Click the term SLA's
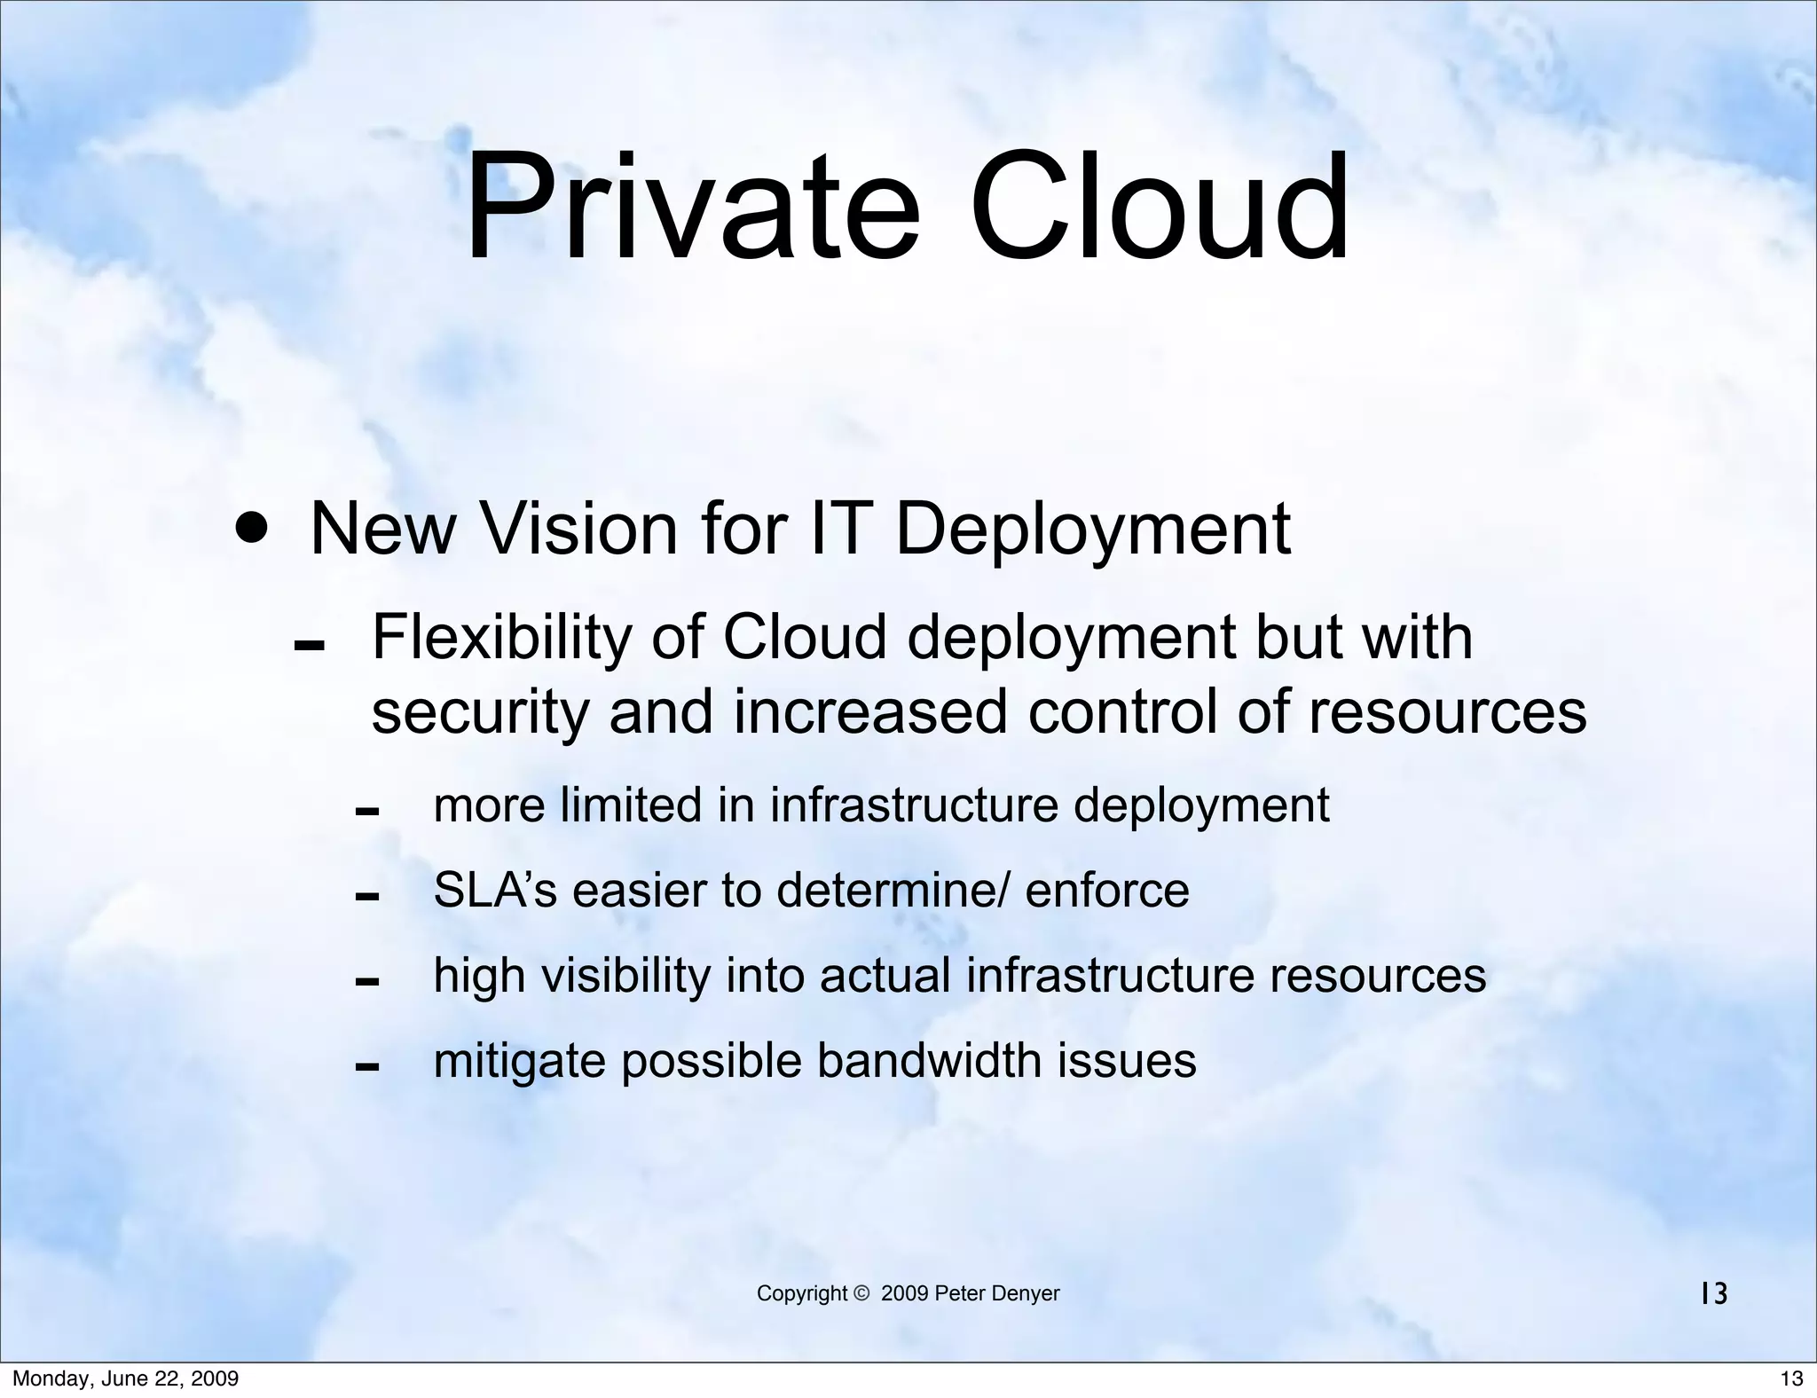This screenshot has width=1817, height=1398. point(495,891)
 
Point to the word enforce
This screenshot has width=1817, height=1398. point(1106,891)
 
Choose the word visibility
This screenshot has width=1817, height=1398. point(625,976)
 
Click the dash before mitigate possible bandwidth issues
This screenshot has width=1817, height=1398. point(366,1067)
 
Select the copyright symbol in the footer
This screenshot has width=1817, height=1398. point(861,1294)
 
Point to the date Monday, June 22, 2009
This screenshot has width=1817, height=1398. point(125,1378)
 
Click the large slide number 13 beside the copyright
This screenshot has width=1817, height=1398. point(1714,1295)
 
